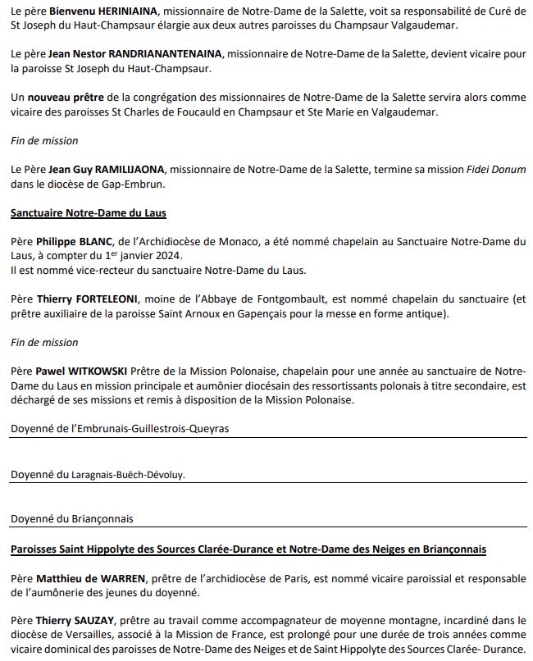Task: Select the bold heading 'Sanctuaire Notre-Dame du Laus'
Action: click(89, 212)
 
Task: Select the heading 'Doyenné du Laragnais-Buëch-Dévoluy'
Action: click(103, 475)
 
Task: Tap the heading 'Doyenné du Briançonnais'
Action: click(72, 518)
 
